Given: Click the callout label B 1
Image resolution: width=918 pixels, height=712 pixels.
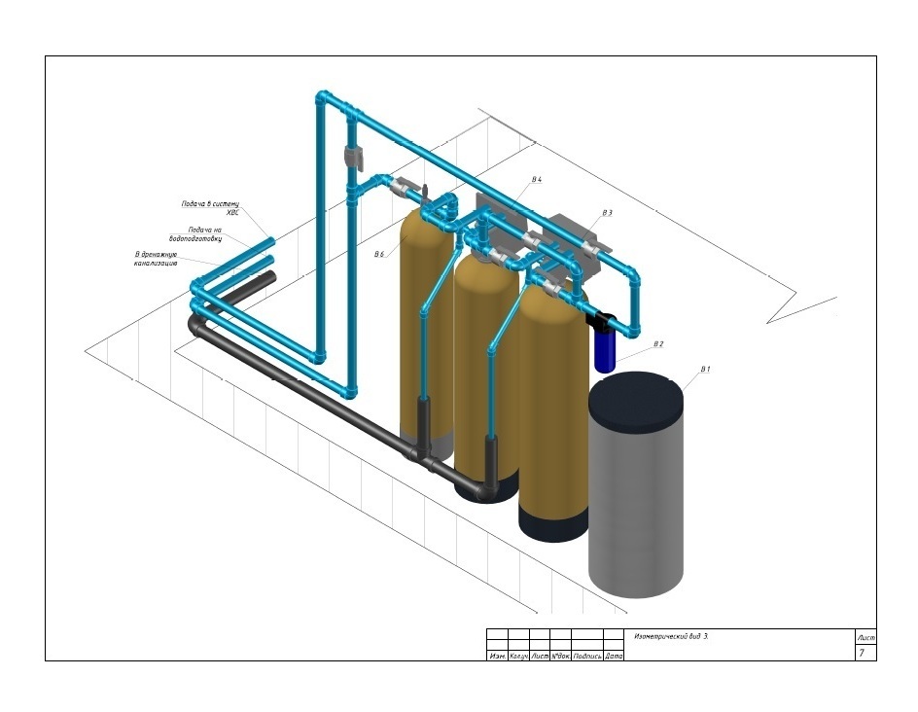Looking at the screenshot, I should pos(705,370).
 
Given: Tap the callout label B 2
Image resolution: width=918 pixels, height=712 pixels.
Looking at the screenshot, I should pos(658,344).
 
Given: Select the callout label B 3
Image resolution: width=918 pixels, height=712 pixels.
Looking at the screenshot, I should pos(607,212).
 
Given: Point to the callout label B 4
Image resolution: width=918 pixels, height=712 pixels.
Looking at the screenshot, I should pos(536,180).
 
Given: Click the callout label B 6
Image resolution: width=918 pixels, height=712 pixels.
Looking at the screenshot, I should pos(379,254).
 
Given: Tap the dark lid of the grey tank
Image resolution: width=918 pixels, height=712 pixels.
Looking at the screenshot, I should pos(637,399).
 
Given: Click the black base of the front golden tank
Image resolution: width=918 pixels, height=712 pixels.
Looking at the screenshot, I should pos(553,525).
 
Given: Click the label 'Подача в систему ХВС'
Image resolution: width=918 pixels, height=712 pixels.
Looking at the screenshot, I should pos(210,208).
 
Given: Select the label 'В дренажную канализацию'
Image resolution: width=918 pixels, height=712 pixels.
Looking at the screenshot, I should pos(156,259).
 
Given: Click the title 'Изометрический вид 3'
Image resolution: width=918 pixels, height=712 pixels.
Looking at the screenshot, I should pos(671,636).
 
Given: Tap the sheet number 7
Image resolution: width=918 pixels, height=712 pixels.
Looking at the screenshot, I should pos(861,653).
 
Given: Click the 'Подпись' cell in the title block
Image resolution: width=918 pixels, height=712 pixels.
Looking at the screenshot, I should pos(586,657).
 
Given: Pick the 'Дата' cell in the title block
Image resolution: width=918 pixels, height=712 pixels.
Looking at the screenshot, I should pos(614,657).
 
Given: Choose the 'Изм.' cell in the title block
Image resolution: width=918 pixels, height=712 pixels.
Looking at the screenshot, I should pos(497,657).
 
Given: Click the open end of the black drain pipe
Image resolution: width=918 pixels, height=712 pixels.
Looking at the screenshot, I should pos(269,276).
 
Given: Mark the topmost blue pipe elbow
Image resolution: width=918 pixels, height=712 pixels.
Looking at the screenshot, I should pos(323,98).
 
